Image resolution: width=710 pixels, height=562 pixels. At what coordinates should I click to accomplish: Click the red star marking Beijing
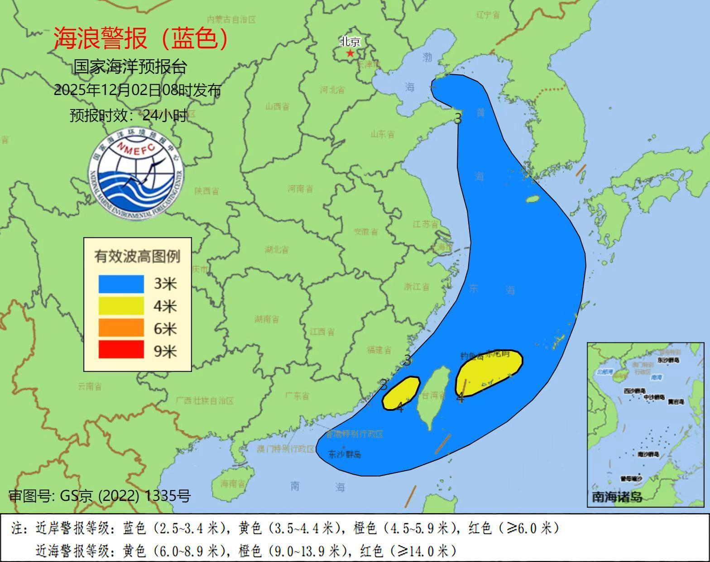350,53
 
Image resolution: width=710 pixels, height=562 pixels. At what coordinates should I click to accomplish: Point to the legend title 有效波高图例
137,256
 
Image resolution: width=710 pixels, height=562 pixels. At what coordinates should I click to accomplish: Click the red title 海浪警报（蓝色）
141,38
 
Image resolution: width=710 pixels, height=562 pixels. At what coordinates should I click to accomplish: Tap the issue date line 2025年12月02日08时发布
137,90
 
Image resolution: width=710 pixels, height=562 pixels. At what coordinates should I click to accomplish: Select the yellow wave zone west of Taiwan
401,392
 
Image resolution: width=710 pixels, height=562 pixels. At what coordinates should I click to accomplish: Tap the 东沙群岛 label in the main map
345,454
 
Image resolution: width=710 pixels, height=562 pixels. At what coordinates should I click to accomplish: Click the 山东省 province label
383,134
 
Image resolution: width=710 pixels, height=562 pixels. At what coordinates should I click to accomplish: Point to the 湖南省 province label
267,319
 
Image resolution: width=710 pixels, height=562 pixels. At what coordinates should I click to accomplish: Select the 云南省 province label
90,386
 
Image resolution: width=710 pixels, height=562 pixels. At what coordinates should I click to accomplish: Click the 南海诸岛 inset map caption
617,497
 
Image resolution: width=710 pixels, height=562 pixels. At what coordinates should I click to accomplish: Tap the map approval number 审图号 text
100,496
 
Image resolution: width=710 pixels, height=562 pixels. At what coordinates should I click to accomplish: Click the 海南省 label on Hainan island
233,483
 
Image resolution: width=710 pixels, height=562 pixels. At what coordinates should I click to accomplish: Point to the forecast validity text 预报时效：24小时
128,115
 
